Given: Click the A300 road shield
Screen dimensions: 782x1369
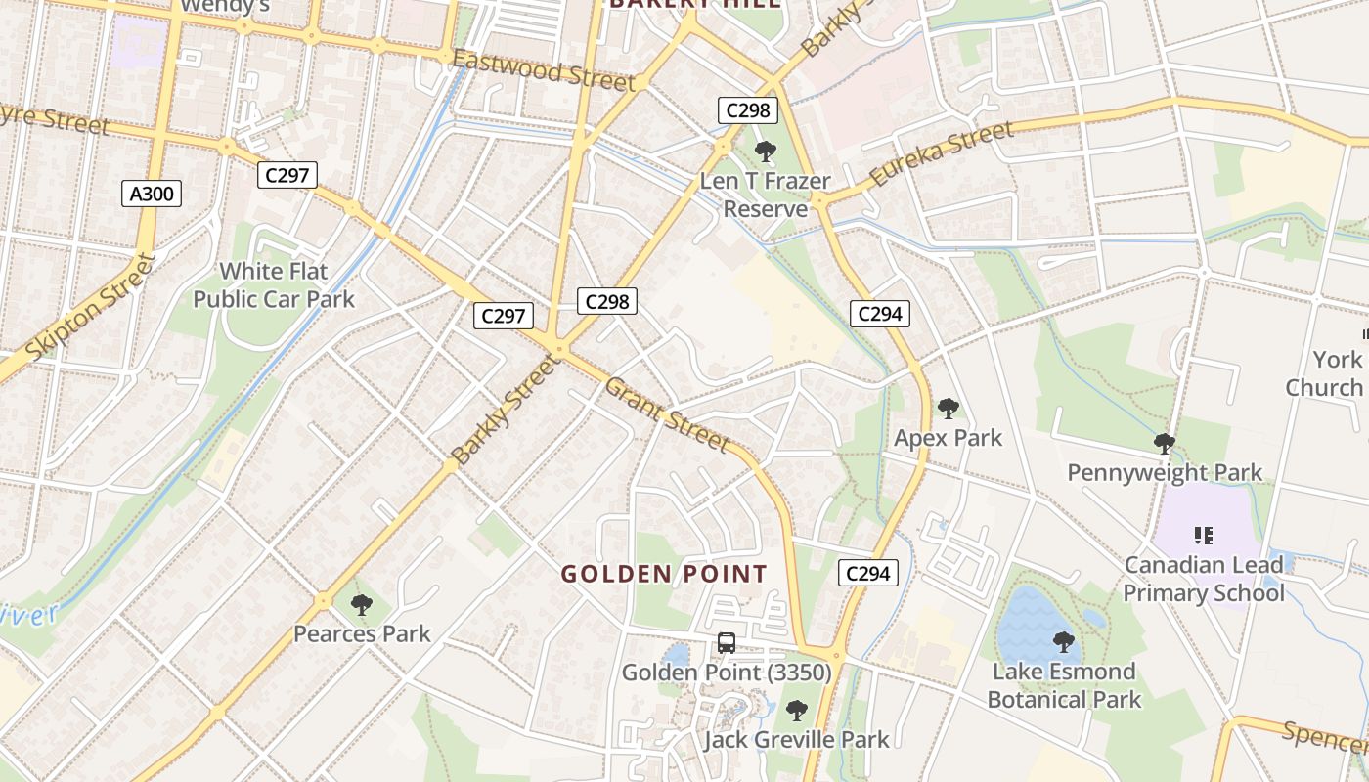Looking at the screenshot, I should (152, 194).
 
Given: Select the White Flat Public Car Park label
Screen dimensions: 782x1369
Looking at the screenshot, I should (274, 284).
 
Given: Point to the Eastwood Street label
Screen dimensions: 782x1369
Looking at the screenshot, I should (544, 71).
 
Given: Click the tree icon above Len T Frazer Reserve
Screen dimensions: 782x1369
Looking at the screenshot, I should (766, 152).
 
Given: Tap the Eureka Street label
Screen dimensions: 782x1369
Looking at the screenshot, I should (941, 154).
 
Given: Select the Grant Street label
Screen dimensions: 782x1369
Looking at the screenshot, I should (668, 415).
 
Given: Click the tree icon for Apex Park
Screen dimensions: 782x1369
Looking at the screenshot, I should (948, 409).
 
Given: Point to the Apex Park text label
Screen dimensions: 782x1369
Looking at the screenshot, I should (948, 438).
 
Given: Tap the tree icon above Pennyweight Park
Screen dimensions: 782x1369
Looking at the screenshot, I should (1164, 444).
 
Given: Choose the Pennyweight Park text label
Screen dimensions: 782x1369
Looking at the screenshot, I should (1165, 473).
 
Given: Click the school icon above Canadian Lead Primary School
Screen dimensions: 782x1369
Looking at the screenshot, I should (1204, 535).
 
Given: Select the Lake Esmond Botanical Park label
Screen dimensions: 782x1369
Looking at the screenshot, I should (1064, 685).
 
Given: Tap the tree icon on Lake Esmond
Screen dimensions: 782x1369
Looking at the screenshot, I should (1064, 642).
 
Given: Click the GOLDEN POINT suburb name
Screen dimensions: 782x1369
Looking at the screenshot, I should (664, 574).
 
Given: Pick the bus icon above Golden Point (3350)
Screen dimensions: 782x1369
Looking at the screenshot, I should (726, 643).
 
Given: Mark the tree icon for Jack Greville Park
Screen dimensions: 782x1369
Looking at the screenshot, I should (797, 711).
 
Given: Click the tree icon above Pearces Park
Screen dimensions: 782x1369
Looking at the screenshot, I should (362, 605).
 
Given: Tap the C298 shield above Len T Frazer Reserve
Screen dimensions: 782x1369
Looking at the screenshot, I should (748, 110).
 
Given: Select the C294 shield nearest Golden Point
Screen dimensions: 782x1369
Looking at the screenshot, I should (867, 574).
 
